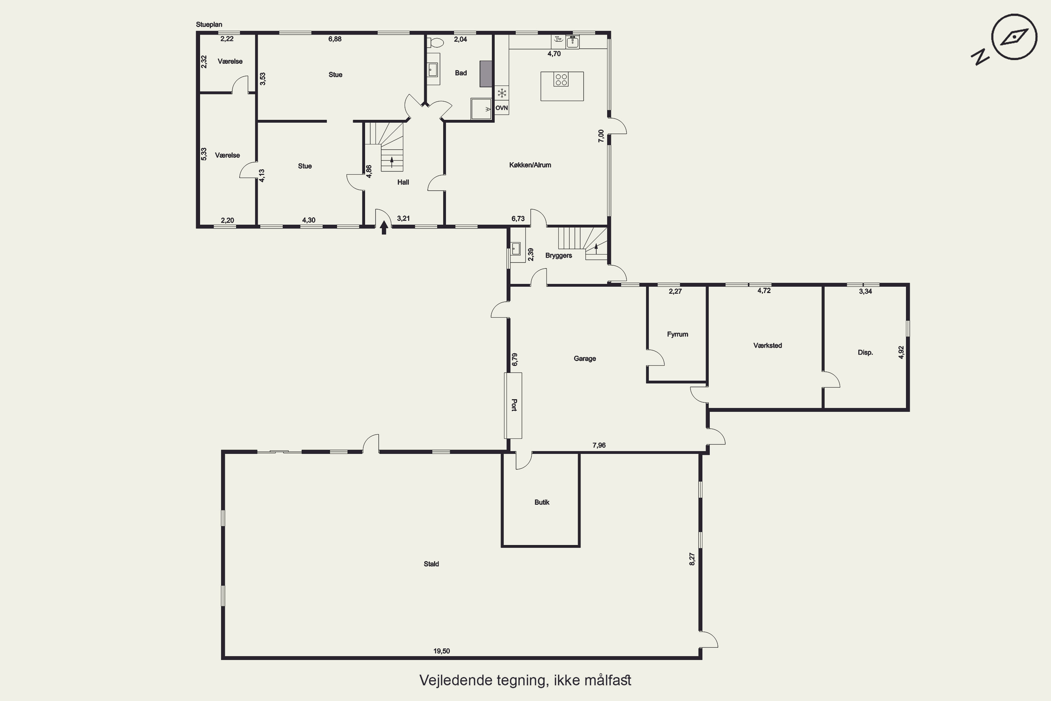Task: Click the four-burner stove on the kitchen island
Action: point(561,80)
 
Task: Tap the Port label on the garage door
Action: point(514,405)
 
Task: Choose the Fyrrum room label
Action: point(678,334)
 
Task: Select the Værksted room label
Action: point(768,346)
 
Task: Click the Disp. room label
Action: point(865,353)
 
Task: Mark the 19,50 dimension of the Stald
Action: point(441,651)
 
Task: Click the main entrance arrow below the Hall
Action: point(383,228)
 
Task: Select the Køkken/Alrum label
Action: point(530,165)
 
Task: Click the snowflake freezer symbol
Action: point(502,93)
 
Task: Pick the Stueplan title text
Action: point(209,25)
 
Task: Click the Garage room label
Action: point(584,359)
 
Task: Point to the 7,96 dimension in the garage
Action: point(599,445)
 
